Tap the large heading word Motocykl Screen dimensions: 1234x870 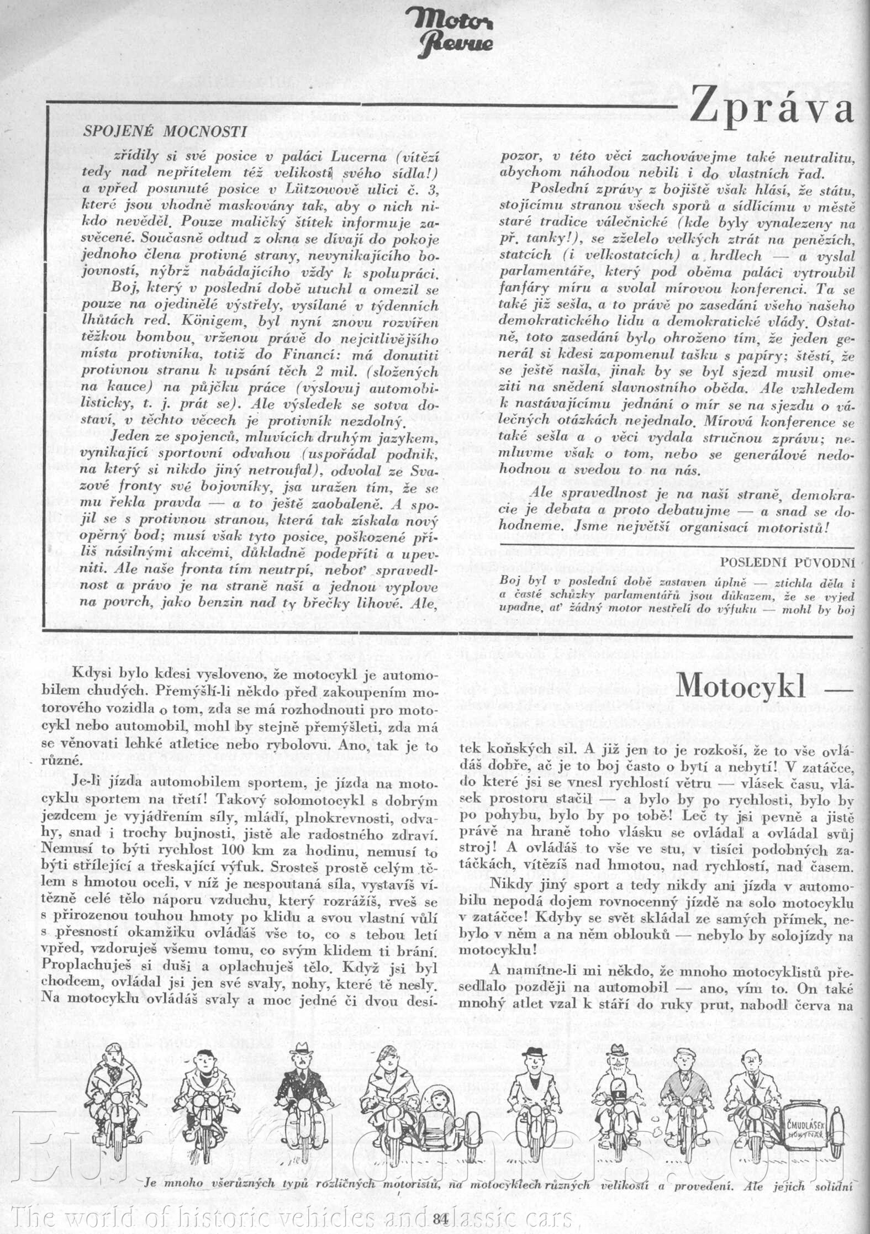coord(741,684)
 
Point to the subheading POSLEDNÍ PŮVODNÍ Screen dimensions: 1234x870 coord(788,563)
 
